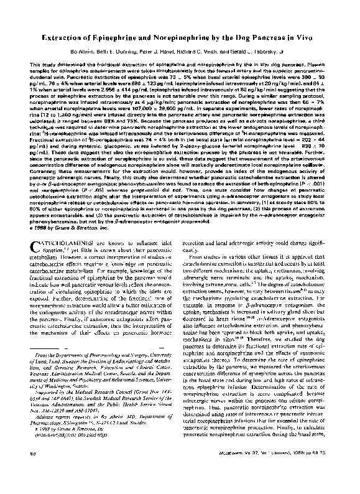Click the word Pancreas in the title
277,38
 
